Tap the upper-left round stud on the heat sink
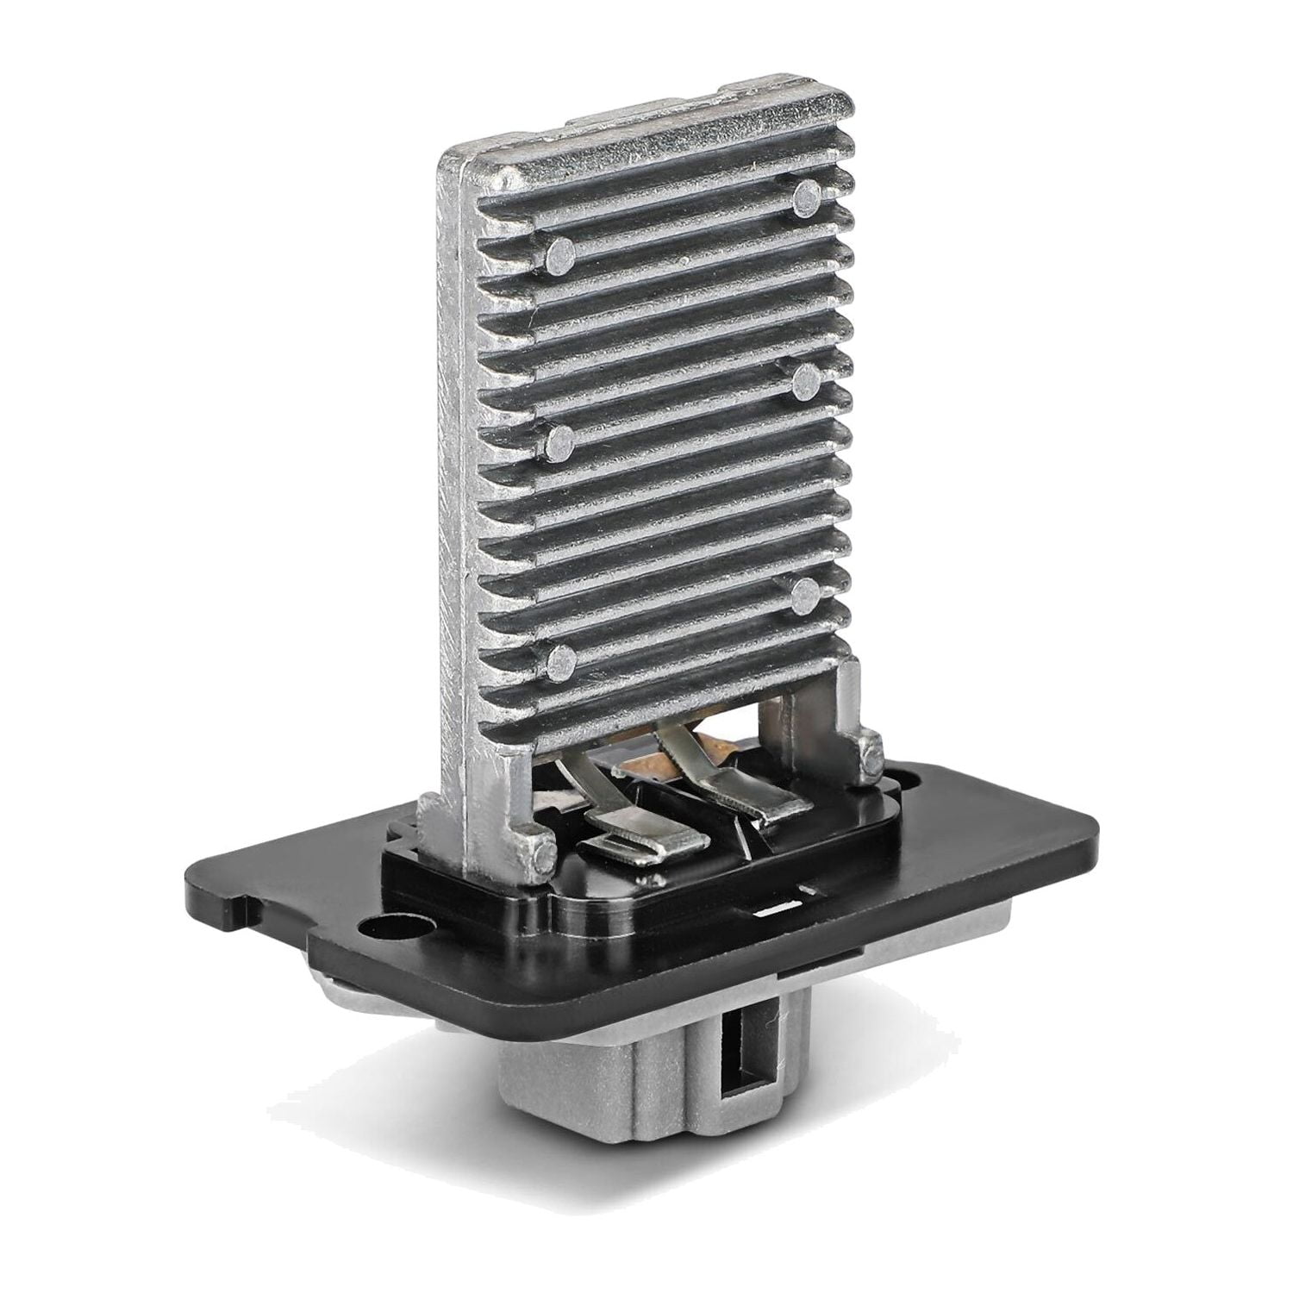pos(561,252)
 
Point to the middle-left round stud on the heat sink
pos(561,439)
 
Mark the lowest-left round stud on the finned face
pos(561,660)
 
